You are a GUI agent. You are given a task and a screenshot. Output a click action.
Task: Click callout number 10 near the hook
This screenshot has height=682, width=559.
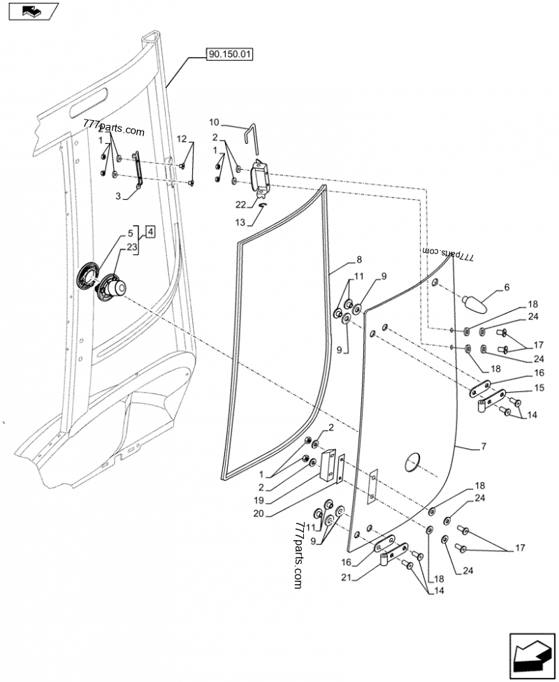214,122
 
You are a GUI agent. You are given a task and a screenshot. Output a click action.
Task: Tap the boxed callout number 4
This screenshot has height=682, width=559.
152,231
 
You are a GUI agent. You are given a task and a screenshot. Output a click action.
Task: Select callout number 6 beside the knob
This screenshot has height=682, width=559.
507,287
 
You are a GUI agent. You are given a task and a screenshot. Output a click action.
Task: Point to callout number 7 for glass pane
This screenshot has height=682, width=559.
484,445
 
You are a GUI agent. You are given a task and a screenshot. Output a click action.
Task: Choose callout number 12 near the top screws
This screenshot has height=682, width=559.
181,139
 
